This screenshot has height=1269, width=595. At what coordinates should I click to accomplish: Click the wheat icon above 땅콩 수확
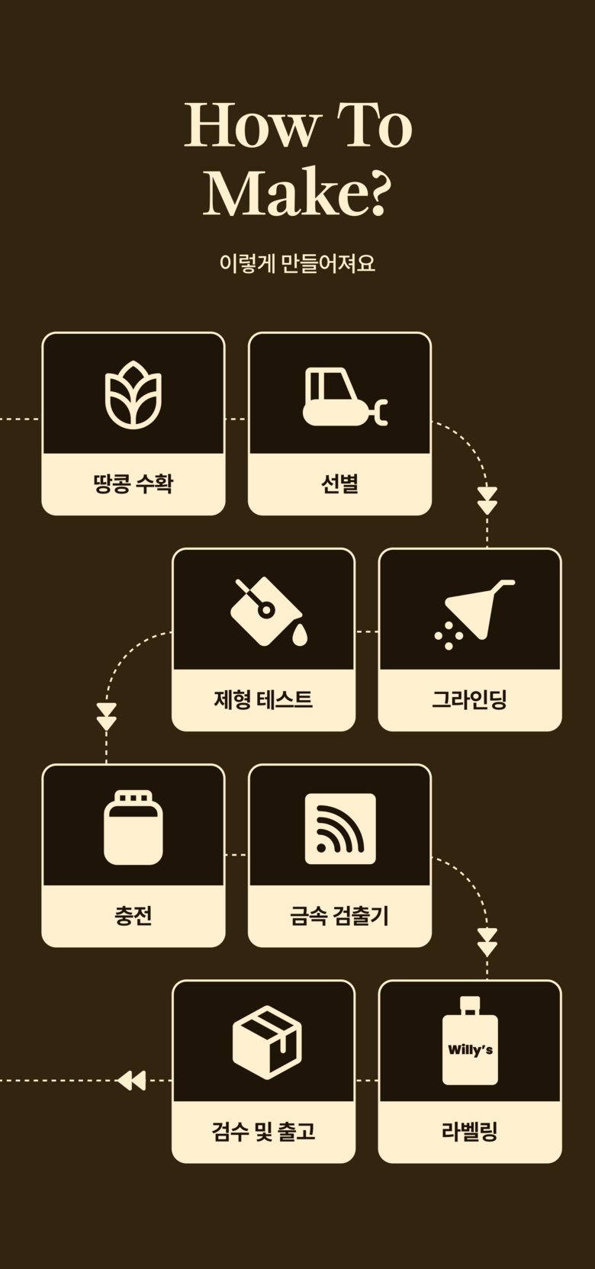tap(133, 395)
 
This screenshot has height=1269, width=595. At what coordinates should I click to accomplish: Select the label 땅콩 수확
tap(133, 484)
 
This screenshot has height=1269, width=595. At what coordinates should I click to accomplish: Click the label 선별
tap(339, 484)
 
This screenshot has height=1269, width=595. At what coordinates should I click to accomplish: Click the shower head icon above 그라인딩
tap(474, 613)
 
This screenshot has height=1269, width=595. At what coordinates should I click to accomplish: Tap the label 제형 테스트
tap(263, 699)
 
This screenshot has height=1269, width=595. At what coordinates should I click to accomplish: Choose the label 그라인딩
tap(470, 699)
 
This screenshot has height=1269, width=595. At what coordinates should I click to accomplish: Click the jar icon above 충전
tap(133, 827)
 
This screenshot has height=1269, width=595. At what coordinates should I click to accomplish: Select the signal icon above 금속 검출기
tap(340, 829)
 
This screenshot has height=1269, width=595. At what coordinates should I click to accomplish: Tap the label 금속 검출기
tap(339, 915)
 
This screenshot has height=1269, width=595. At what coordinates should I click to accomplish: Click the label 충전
tap(133, 915)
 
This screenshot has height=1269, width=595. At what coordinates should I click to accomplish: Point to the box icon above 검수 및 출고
tap(267, 1042)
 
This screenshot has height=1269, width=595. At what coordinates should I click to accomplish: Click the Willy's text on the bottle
tap(470, 1050)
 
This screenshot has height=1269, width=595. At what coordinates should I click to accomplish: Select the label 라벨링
tap(470, 1131)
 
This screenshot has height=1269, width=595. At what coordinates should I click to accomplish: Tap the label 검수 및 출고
tap(263, 1131)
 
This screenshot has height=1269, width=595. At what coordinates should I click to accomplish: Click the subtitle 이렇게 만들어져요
tap(297, 264)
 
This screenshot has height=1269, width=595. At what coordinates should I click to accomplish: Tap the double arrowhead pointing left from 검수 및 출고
tap(131, 1081)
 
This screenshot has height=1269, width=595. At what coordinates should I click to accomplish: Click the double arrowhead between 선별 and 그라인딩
tap(487, 500)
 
